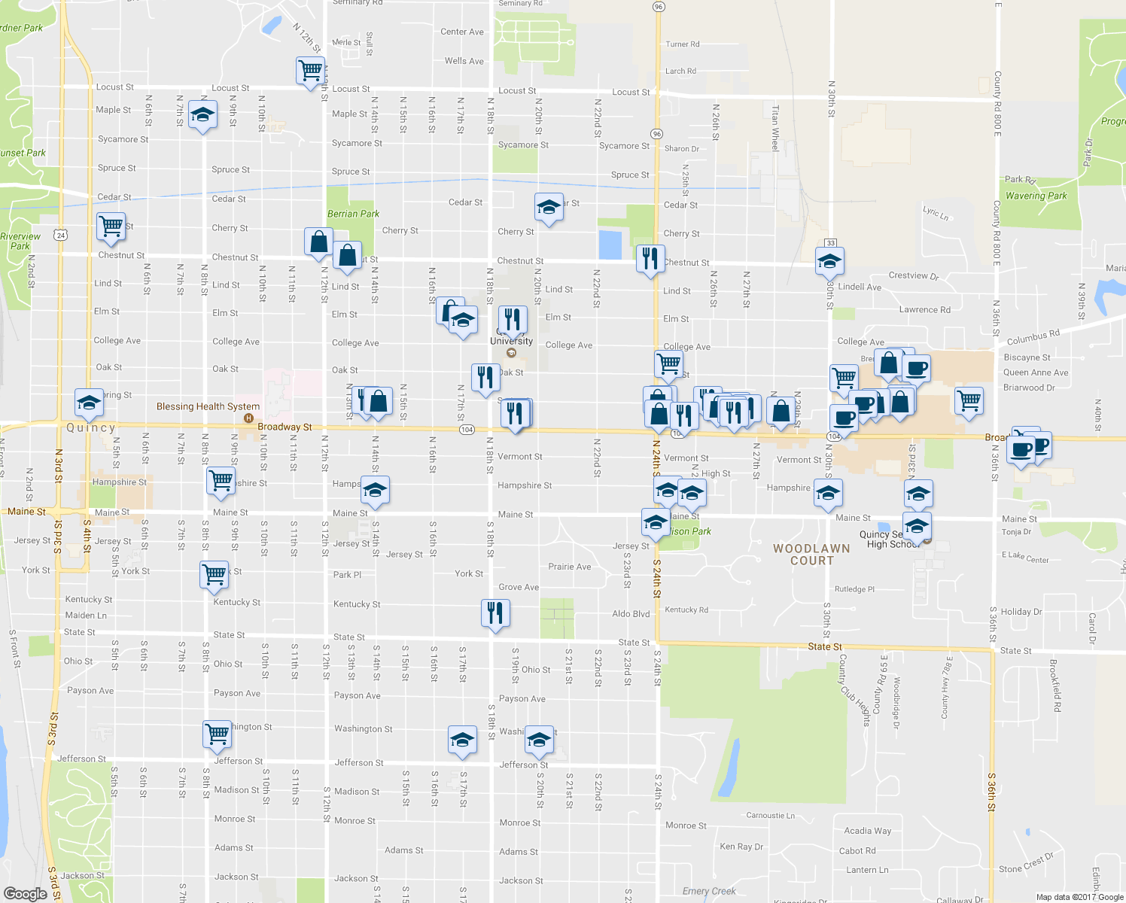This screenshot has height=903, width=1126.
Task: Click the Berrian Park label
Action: [x=353, y=214]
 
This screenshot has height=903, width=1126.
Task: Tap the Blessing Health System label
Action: [x=208, y=406]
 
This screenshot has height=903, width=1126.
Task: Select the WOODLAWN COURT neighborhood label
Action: [x=811, y=555]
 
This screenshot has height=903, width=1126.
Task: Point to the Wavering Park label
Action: [x=1036, y=196]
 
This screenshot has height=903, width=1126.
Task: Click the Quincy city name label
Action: [x=91, y=427]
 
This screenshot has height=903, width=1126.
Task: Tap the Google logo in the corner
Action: [x=25, y=893]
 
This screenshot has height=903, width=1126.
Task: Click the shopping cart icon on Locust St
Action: [x=310, y=71]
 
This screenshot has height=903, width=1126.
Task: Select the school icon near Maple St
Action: [x=202, y=115]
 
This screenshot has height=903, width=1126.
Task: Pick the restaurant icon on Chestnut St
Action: [x=649, y=258]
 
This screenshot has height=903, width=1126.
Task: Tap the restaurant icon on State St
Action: [x=495, y=613]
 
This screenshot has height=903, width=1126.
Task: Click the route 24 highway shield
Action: [x=60, y=236]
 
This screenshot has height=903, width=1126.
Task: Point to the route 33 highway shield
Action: [x=830, y=242]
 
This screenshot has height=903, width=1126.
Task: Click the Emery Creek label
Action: [x=709, y=891]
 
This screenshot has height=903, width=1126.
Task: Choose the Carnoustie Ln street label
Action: [x=770, y=815]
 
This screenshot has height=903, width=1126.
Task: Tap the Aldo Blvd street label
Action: [x=631, y=614]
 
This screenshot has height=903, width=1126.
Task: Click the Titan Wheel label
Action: [x=775, y=127]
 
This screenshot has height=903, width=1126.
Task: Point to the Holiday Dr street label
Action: [x=1021, y=612]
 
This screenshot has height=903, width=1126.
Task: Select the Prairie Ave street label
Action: [x=569, y=567]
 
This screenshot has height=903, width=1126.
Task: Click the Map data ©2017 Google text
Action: [x=1079, y=897]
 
